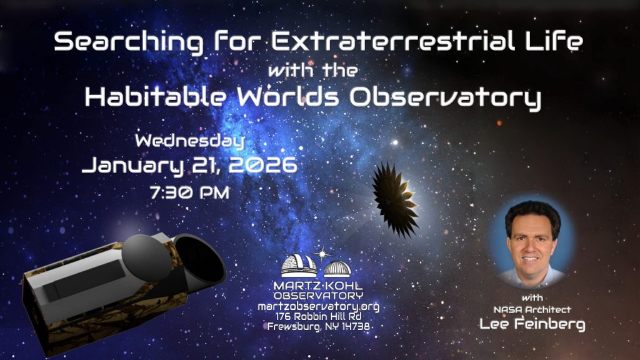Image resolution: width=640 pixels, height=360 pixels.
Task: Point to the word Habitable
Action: point(156,97)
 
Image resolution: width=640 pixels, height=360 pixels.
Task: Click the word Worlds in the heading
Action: point(288,97)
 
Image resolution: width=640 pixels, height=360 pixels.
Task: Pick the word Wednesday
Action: point(190,141)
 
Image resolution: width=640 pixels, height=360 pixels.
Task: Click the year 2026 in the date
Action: point(263,165)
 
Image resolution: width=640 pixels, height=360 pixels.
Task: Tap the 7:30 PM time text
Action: point(190,192)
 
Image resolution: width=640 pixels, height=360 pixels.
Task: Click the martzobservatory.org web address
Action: point(318,307)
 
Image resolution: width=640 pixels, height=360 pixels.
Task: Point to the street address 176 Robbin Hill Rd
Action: point(318,316)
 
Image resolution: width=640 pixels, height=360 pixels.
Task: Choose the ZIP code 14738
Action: point(356,326)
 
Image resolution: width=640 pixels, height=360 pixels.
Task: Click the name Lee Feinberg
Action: point(532,324)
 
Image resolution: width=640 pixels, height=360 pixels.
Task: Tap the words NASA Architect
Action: point(532,310)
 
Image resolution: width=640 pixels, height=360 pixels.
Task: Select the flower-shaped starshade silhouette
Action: point(395,200)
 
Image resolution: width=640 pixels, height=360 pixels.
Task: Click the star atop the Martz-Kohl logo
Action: point(322,255)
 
